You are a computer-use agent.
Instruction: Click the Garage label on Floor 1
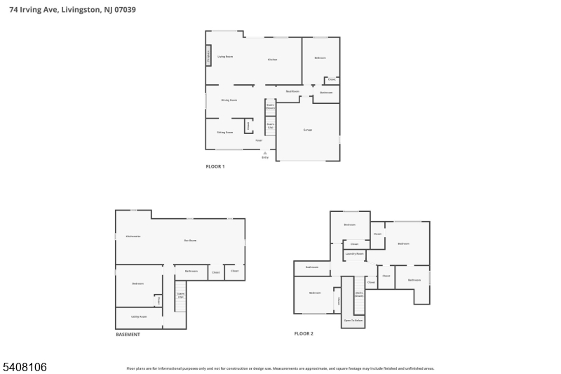tap(307, 131)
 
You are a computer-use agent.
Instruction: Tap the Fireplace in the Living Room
tap(208, 56)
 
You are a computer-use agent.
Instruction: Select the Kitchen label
tap(272, 59)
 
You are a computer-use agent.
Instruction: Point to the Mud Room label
tap(292, 91)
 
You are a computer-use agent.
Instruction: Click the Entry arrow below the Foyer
tap(265, 153)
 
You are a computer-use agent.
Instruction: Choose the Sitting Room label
tap(224, 132)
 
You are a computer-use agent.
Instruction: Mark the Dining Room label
tap(229, 100)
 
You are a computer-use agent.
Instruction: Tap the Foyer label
tap(259, 141)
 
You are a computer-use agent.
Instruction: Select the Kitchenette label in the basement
tap(133, 236)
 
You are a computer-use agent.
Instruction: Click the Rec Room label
tap(190, 240)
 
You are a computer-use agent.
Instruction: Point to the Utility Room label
tap(138, 316)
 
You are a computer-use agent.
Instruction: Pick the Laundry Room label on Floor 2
tap(354, 253)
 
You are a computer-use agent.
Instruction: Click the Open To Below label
tap(353, 320)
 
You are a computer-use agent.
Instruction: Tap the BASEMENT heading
tap(128, 335)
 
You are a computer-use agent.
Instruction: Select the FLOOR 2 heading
tap(304, 333)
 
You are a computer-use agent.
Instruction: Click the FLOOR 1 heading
tap(215, 166)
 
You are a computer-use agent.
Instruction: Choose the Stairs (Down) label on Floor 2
tap(359, 294)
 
